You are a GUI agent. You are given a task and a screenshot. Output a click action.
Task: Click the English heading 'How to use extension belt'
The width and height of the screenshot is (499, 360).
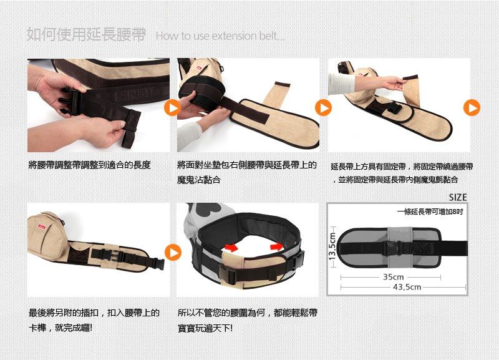tap(220, 36)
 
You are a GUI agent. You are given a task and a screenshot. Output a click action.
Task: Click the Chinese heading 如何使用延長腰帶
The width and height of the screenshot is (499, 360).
tap(85, 35)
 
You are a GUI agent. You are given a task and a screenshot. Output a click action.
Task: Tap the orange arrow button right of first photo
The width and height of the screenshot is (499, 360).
tap(173, 108)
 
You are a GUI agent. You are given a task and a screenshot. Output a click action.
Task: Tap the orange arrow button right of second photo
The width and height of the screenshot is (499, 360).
tap(323, 108)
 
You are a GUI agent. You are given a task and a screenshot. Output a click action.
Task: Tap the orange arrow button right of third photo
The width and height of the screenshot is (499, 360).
tap(472, 108)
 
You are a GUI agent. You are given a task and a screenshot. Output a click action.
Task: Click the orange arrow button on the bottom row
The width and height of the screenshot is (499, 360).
tap(173, 252)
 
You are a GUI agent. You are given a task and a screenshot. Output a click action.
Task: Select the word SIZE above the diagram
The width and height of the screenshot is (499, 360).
tap(457, 197)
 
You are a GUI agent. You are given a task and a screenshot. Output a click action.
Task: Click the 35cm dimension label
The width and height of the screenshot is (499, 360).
tap(394, 277)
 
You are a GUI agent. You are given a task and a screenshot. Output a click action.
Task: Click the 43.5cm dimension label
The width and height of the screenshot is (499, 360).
tap(407, 286)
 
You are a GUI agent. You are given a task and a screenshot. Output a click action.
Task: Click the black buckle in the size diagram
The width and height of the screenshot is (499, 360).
tap(395, 247)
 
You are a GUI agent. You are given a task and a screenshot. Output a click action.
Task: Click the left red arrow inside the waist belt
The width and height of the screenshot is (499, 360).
tap(231, 248)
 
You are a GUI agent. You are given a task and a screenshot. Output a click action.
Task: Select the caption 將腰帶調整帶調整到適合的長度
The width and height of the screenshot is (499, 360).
tap(89, 165)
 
